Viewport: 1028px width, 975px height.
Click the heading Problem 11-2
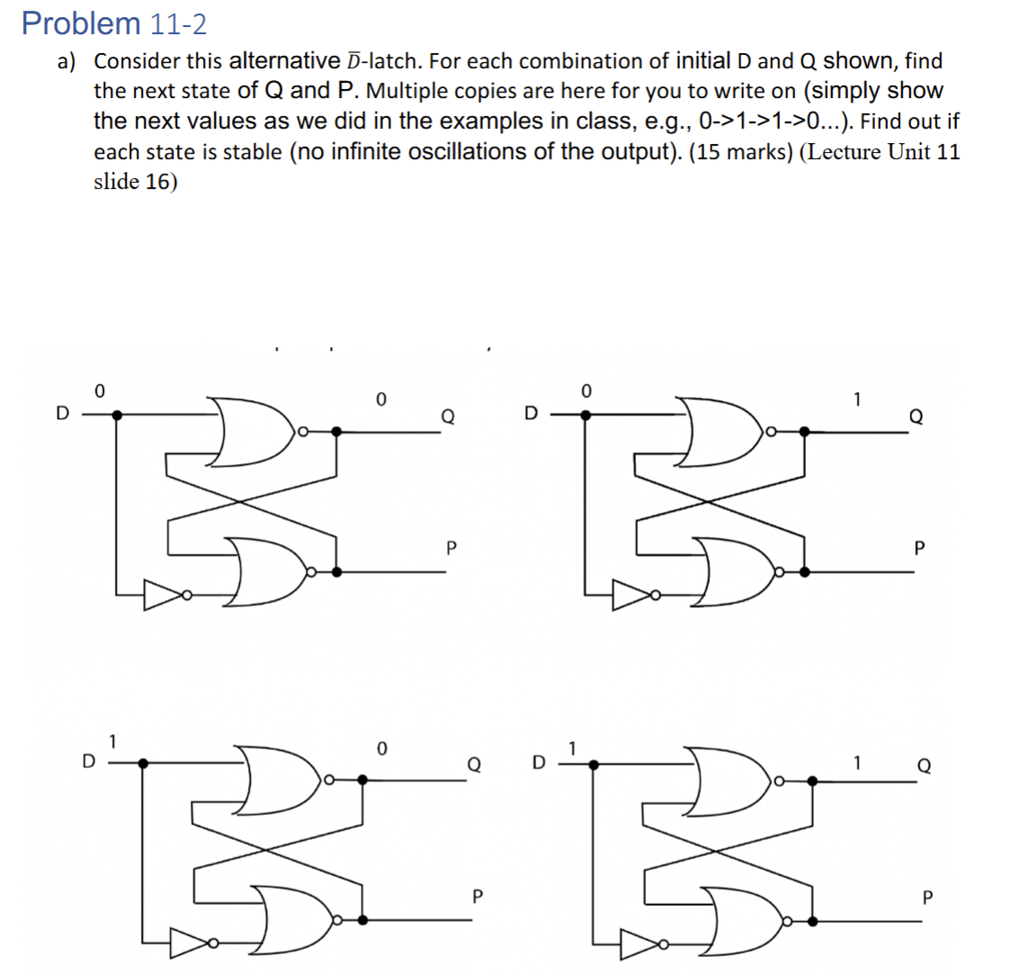click(x=108, y=23)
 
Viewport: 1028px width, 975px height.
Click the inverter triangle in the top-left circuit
click(x=162, y=595)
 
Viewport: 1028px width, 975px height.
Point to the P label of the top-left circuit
click(x=451, y=546)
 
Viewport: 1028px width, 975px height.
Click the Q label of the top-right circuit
click(x=916, y=416)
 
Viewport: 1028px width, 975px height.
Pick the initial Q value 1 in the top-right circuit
click(x=857, y=397)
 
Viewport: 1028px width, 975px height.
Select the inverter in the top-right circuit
click(x=632, y=595)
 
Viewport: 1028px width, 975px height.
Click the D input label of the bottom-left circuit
click(x=88, y=760)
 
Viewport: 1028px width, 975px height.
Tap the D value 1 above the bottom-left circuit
click(x=112, y=742)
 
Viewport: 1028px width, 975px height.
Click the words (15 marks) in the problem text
click(x=740, y=151)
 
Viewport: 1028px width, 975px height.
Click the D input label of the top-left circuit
click(x=61, y=414)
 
